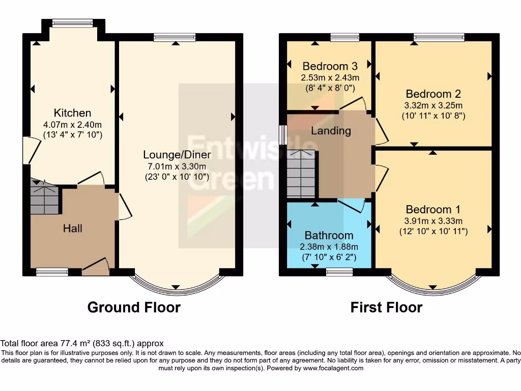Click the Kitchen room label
click(72, 113)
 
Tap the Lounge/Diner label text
click(175, 155)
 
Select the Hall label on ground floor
click(72, 229)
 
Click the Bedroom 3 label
click(330, 66)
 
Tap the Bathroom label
click(329, 235)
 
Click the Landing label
click(331, 131)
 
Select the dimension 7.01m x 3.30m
click(175, 166)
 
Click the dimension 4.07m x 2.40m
click(72, 125)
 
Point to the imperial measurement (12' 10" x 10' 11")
click(433, 232)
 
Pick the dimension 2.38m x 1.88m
click(330, 246)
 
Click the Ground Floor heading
click(134, 308)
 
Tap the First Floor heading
click(386, 308)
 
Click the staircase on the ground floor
click(45, 201)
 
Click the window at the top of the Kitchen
click(73, 23)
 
